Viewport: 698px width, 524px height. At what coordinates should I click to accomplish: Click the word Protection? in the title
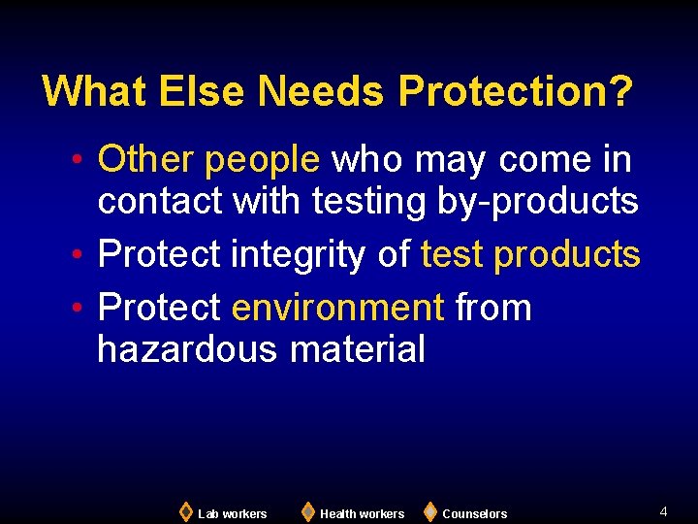click(516, 91)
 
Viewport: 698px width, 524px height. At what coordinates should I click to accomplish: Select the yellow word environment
click(337, 308)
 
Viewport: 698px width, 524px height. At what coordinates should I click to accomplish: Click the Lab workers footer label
click(232, 513)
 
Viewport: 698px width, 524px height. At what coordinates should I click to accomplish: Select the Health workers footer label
click(362, 513)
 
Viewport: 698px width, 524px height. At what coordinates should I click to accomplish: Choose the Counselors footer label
click(474, 513)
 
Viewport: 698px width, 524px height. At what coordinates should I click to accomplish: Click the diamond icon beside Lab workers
click(186, 511)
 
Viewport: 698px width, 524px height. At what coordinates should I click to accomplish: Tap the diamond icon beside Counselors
click(429, 511)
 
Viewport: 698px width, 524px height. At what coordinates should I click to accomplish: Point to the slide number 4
click(663, 510)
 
